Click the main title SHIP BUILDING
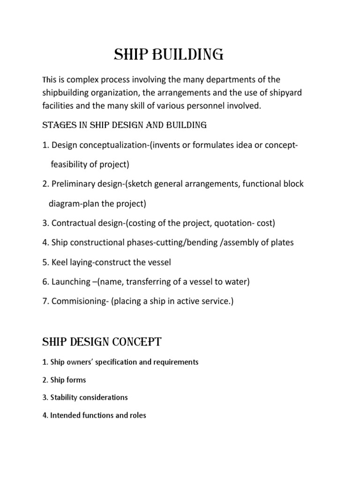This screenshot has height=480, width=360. tap(169, 55)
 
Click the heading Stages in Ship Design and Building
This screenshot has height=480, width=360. tap(124, 125)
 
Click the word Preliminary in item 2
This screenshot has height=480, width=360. tap(74, 184)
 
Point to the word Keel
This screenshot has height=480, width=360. tap(59, 262)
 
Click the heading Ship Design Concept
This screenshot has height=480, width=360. tap(102, 342)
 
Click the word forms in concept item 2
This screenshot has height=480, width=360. tap(77, 380)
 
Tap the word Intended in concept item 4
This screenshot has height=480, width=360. tap(64, 415)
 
